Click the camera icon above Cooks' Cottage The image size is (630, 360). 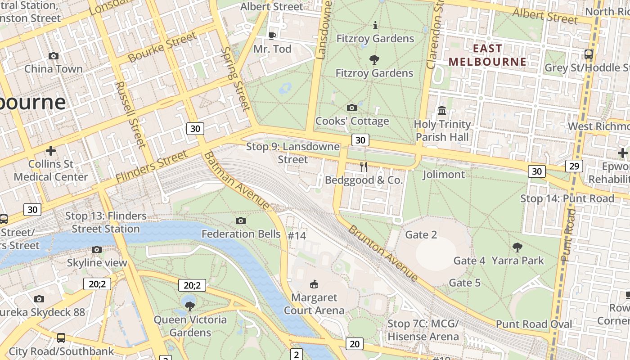tap(352, 108)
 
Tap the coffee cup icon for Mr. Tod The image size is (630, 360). tap(272, 36)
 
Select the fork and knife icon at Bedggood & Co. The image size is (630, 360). tap(364, 167)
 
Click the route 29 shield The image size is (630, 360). tap(574, 166)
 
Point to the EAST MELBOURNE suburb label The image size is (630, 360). tap(488, 55)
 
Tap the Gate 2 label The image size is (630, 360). tap(421, 234)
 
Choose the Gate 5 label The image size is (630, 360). tap(465, 283)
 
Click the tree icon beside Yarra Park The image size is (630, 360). tap(517, 247)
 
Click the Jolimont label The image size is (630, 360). tap(444, 174)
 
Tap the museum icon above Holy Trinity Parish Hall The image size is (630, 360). tap(442, 110)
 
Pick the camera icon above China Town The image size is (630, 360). tap(54, 56)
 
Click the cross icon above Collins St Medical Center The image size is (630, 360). tap(51, 150)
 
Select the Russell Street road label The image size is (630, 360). tap(130, 114)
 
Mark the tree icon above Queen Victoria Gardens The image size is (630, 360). tap(190, 306)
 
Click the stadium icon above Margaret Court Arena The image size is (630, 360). tap(314, 284)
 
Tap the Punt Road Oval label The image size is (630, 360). tap(534, 324)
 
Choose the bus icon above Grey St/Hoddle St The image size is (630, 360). tap(588, 54)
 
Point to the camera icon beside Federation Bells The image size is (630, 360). tap(241, 220)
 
